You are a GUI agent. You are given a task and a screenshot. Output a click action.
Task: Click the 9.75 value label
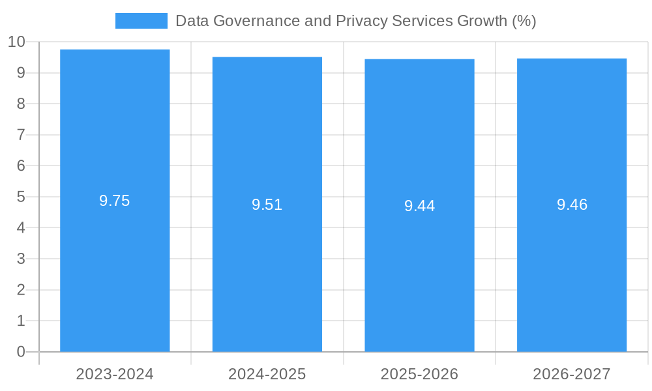[x=115, y=201]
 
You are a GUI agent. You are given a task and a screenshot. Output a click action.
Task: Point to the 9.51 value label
[x=267, y=205]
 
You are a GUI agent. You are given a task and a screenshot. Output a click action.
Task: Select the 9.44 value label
[x=419, y=206]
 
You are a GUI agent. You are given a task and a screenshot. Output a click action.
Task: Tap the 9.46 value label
[x=572, y=205]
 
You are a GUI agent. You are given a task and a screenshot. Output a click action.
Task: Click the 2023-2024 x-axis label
[x=115, y=374]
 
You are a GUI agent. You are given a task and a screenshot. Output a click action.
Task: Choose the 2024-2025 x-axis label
[x=267, y=374]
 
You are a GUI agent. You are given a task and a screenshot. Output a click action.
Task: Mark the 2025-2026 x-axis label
[x=419, y=374]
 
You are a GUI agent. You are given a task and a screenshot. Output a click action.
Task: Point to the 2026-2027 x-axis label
[x=572, y=374]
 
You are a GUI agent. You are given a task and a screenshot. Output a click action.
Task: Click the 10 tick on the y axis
[x=16, y=42]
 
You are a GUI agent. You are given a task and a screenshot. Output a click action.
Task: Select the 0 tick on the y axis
[x=21, y=352]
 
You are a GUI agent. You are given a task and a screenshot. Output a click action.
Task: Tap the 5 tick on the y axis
[x=21, y=197]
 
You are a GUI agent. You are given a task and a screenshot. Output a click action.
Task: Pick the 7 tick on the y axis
[x=21, y=135]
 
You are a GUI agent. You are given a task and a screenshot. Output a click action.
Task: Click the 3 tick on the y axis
[x=21, y=259]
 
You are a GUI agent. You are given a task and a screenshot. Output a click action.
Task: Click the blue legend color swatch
[x=141, y=21]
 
